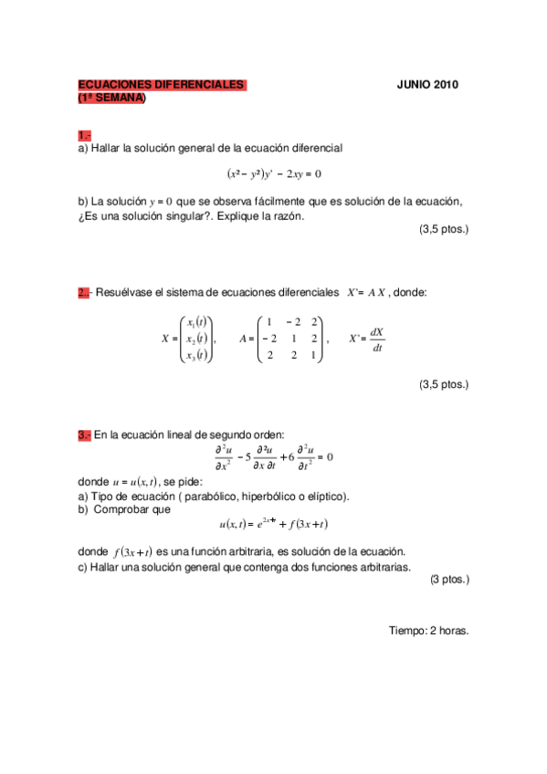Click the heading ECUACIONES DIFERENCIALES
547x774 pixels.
(x=161, y=85)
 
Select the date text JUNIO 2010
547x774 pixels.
(x=427, y=85)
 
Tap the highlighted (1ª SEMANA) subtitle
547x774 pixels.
(x=111, y=98)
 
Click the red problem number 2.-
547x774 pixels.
(x=83, y=292)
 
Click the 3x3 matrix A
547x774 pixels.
(x=291, y=339)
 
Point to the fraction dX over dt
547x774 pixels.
(x=377, y=339)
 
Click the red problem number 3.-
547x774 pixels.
(x=84, y=435)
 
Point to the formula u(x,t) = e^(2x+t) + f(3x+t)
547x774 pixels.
(x=274, y=524)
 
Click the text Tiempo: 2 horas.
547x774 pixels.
(x=428, y=630)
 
